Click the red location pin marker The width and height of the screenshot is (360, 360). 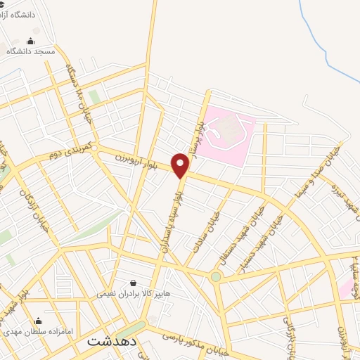pyautogui.click(x=181, y=165)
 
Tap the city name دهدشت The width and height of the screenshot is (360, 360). pyautogui.click(x=112, y=341)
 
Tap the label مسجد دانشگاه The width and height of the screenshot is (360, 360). pyautogui.click(x=31, y=51)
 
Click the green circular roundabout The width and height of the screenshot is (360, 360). pyautogui.click(x=216, y=277)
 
